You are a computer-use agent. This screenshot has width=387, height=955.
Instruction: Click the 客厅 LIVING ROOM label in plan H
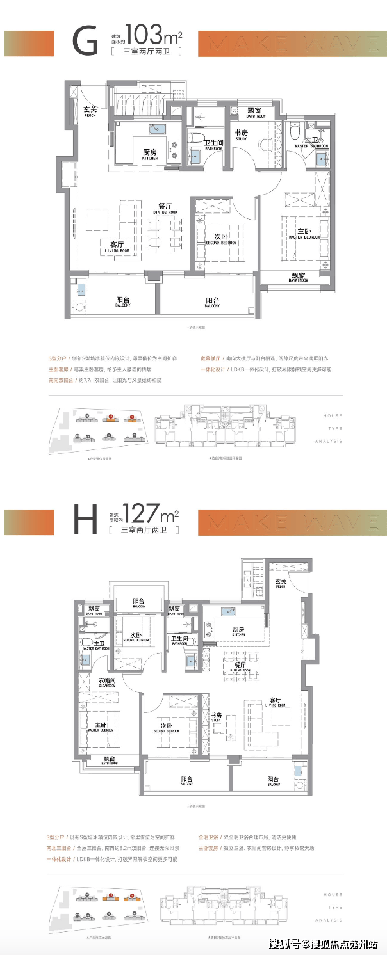click(x=275, y=702)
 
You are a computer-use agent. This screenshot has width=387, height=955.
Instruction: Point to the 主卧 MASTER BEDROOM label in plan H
click(x=101, y=728)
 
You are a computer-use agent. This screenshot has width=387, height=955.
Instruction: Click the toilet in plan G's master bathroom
click(x=294, y=132)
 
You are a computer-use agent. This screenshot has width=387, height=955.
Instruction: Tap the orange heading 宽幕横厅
click(x=210, y=358)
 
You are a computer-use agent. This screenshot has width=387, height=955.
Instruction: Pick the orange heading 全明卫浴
click(x=210, y=837)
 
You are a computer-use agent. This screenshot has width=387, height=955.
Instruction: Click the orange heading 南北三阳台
click(x=58, y=848)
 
